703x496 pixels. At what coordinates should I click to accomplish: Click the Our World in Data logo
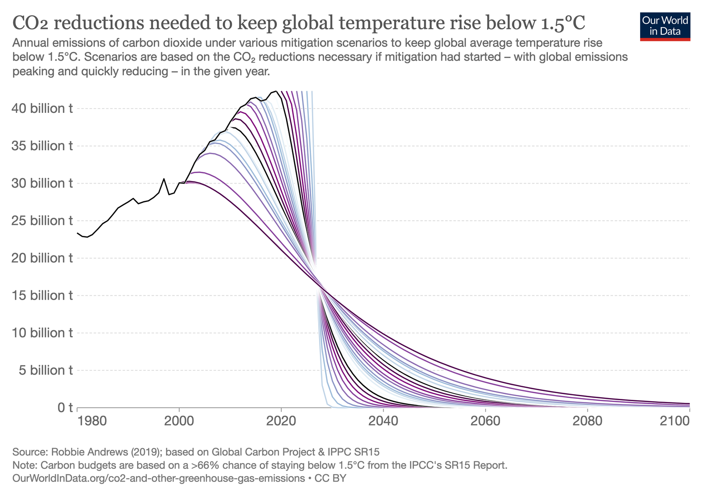click(x=665, y=26)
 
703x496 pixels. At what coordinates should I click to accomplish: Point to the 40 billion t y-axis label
click(x=43, y=109)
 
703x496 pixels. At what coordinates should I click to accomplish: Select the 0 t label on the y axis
click(x=65, y=408)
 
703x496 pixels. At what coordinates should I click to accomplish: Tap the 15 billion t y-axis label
click(x=43, y=296)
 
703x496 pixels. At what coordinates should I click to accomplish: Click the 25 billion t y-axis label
click(x=43, y=221)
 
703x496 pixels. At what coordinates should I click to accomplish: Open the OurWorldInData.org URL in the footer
click(x=158, y=478)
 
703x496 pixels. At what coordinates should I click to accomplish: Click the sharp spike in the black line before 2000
click(x=164, y=179)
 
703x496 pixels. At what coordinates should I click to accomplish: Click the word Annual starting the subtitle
click(x=29, y=43)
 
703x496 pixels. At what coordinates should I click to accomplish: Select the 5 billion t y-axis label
click(x=43, y=370)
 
